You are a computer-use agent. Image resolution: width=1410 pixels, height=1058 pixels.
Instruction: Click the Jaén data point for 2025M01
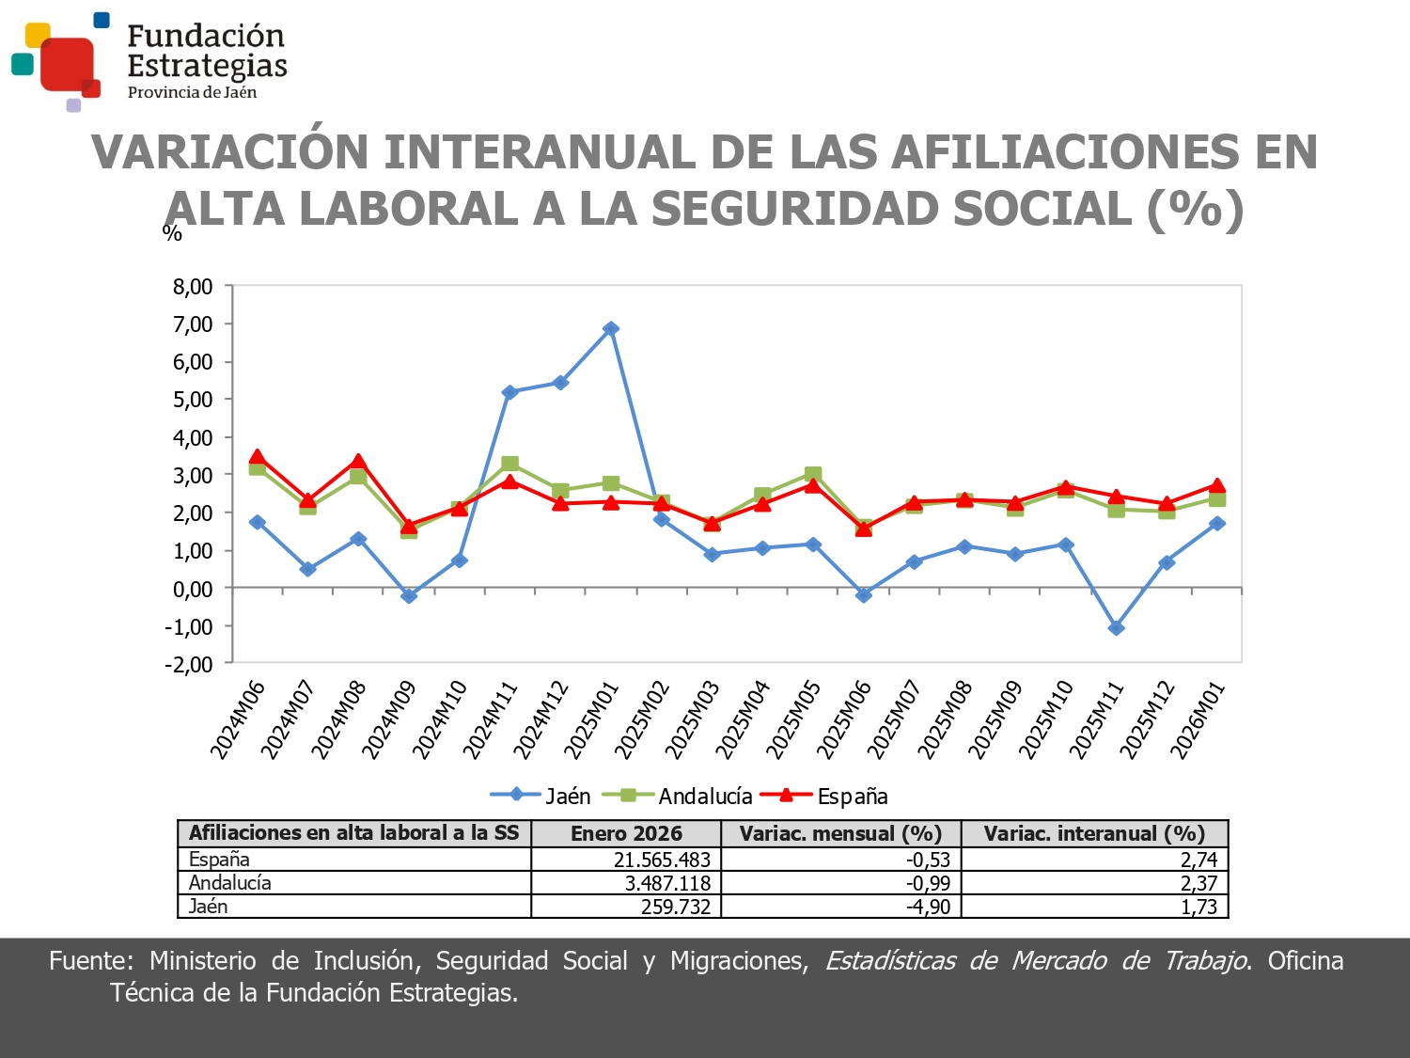click(611, 329)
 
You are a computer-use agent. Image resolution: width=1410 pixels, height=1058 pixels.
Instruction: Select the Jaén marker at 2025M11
click(1116, 628)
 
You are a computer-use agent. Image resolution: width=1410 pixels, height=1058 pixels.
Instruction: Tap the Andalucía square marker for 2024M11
click(509, 464)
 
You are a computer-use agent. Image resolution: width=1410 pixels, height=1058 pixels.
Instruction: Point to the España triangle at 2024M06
click(257, 458)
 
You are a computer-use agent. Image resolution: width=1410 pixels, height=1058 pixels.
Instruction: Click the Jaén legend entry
click(541, 796)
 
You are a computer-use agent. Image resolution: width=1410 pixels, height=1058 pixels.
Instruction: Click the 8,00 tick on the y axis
click(193, 287)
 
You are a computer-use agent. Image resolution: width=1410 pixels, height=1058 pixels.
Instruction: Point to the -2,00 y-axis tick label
click(189, 664)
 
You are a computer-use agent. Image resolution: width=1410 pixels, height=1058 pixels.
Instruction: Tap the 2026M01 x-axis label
click(1198, 719)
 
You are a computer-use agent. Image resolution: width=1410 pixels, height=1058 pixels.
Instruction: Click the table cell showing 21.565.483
click(662, 860)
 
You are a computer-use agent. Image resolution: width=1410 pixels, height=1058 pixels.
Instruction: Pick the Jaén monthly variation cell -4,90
click(928, 907)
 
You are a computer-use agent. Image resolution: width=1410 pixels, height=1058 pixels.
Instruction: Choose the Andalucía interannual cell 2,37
click(1198, 883)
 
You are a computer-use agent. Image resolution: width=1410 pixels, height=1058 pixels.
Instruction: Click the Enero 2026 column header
click(626, 833)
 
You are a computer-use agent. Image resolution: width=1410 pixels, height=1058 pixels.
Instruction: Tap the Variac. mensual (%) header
click(840, 833)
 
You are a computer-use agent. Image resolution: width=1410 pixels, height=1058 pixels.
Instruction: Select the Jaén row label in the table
click(209, 907)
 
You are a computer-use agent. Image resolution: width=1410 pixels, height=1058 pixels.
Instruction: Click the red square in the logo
click(68, 64)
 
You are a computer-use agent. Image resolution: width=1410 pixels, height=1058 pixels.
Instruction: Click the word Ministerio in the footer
click(202, 960)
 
